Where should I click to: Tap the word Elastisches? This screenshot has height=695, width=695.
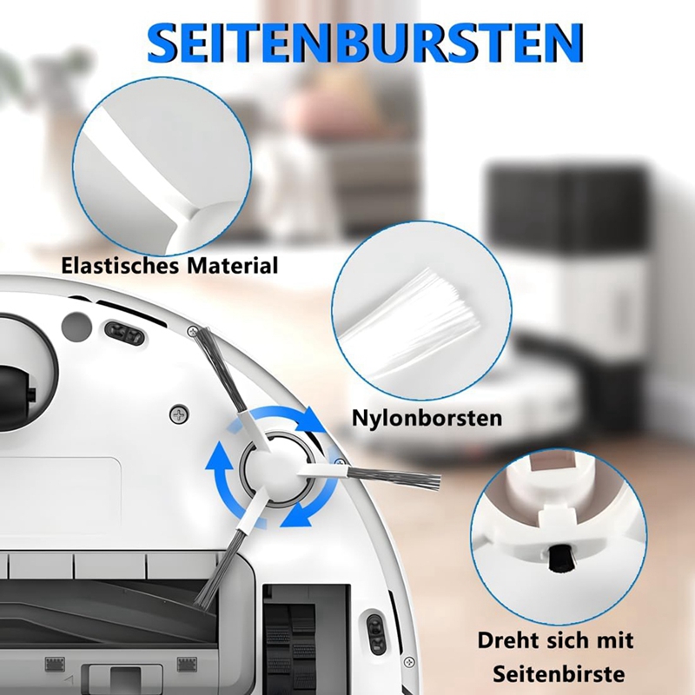click(x=119, y=266)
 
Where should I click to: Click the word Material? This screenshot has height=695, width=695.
click(x=232, y=266)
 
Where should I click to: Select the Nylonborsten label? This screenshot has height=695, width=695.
click(x=427, y=418)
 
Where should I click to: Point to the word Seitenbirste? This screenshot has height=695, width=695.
click(x=559, y=674)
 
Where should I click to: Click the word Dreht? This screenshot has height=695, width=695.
click(x=508, y=640)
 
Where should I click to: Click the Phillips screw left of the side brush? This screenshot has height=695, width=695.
click(x=179, y=415)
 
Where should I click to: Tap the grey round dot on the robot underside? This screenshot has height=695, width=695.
click(x=76, y=328)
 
